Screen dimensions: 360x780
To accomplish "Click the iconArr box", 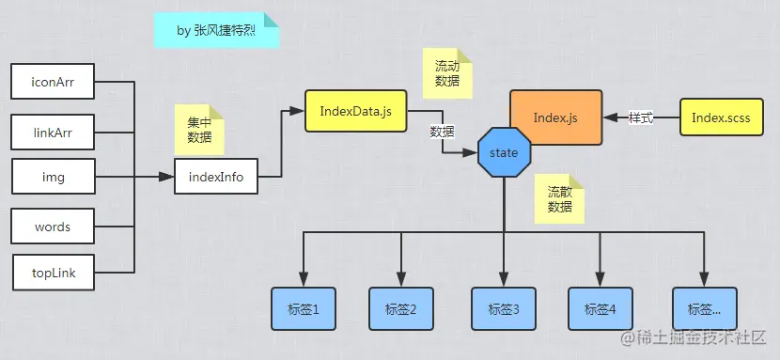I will [x=52, y=82].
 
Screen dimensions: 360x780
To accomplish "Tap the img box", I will [x=52, y=176].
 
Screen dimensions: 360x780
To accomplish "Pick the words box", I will [x=52, y=227].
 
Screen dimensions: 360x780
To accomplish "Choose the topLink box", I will [x=52, y=273].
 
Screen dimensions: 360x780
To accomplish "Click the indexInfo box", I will [x=215, y=176].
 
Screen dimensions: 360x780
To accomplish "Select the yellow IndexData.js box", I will [x=348, y=112].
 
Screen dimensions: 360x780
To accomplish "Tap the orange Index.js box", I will [x=555, y=117].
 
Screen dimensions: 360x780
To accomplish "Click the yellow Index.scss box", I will [x=721, y=117].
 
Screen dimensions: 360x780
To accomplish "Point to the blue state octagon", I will [x=504, y=152].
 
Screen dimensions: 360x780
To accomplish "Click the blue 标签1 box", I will [x=303, y=308].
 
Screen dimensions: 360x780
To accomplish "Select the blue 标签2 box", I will [x=401, y=308].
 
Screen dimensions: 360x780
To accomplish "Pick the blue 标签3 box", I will [x=504, y=308].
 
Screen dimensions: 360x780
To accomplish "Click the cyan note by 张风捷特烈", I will [x=216, y=30].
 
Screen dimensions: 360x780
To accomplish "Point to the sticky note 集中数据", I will [x=199, y=130].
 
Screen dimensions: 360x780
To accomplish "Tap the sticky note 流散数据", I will [x=559, y=198].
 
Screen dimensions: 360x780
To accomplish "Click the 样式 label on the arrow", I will [x=641, y=118].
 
